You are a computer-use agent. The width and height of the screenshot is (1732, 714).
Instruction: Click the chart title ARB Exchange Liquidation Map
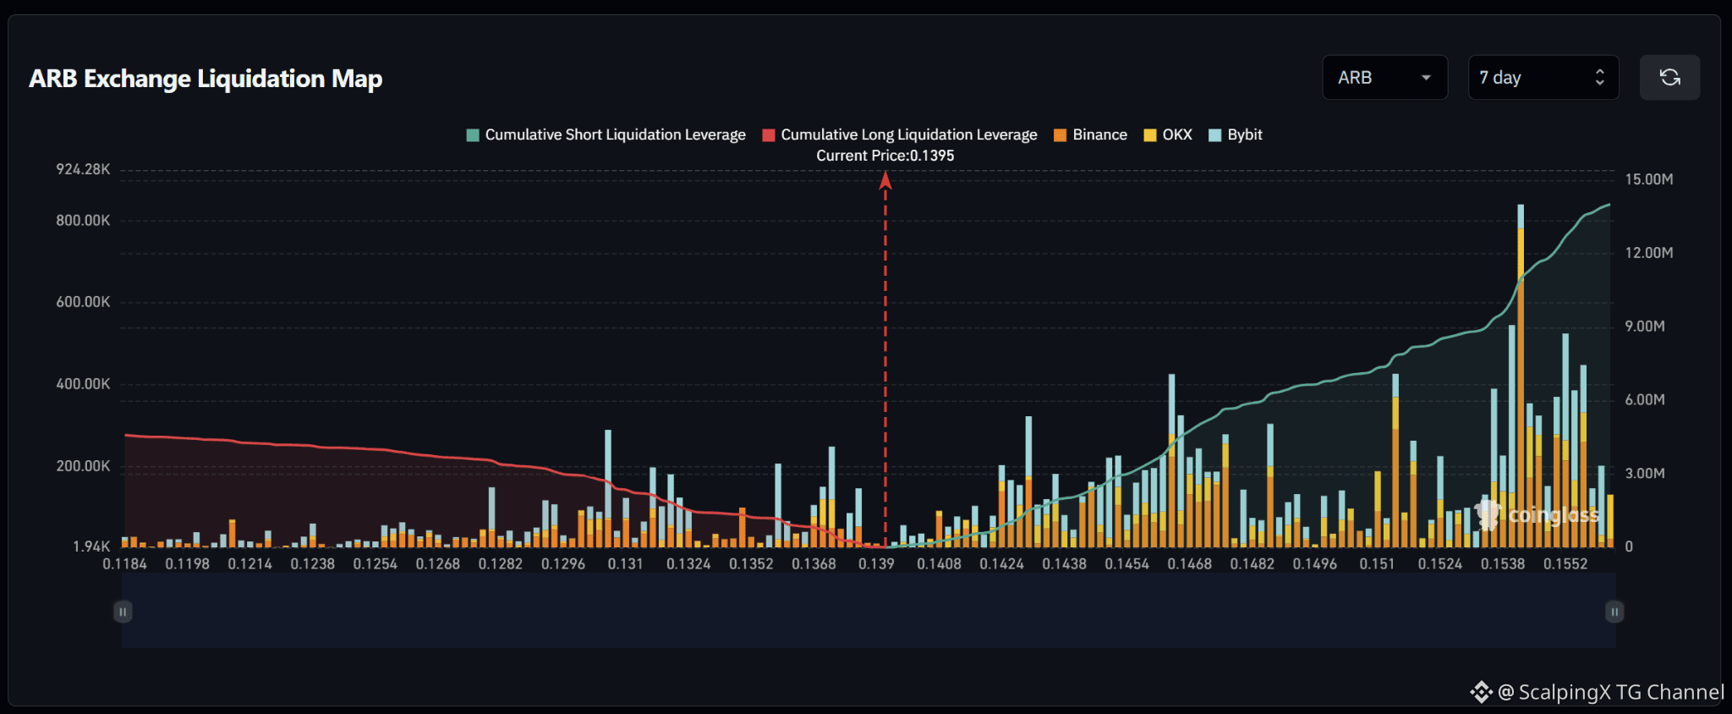pyautogui.click(x=206, y=79)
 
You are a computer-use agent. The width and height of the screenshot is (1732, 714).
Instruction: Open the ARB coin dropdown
pyautogui.click(x=1384, y=78)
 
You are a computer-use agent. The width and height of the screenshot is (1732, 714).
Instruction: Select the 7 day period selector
pyautogui.click(x=1543, y=78)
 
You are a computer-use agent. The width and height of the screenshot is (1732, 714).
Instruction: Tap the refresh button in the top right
pyautogui.click(x=1669, y=78)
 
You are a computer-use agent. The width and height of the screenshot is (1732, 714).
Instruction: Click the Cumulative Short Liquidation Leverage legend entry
pyautogui.click(x=606, y=135)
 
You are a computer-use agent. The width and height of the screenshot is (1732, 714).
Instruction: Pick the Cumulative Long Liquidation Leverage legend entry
pyautogui.click(x=900, y=135)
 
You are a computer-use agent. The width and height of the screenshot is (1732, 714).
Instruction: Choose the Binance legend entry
pyautogui.click(x=1091, y=135)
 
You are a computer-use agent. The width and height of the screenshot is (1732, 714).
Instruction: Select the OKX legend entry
pyautogui.click(x=1168, y=135)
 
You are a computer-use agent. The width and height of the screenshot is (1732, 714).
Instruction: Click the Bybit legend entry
pyautogui.click(x=1236, y=135)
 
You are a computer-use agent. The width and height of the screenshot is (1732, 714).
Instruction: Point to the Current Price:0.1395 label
pyautogui.click(x=885, y=156)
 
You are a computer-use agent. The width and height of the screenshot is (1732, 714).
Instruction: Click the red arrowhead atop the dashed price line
pyautogui.click(x=885, y=180)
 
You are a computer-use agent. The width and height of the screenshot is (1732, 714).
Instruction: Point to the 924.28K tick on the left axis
pyautogui.click(x=83, y=169)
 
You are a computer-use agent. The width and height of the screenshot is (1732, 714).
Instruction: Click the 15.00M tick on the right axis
pyautogui.click(x=1649, y=179)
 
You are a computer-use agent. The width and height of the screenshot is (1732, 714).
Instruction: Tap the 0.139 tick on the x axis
pyautogui.click(x=876, y=563)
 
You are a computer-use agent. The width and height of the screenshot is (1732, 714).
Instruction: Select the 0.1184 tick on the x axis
pyautogui.click(x=124, y=563)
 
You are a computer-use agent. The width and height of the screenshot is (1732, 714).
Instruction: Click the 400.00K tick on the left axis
pyautogui.click(x=83, y=384)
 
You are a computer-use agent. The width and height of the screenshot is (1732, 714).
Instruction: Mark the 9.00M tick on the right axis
pyautogui.click(x=1645, y=327)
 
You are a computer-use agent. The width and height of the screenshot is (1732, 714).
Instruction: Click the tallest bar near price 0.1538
pyautogui.click(x=1521, y=376)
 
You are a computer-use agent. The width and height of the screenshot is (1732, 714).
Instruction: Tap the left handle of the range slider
pyautogui.click(x=123, y=612)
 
